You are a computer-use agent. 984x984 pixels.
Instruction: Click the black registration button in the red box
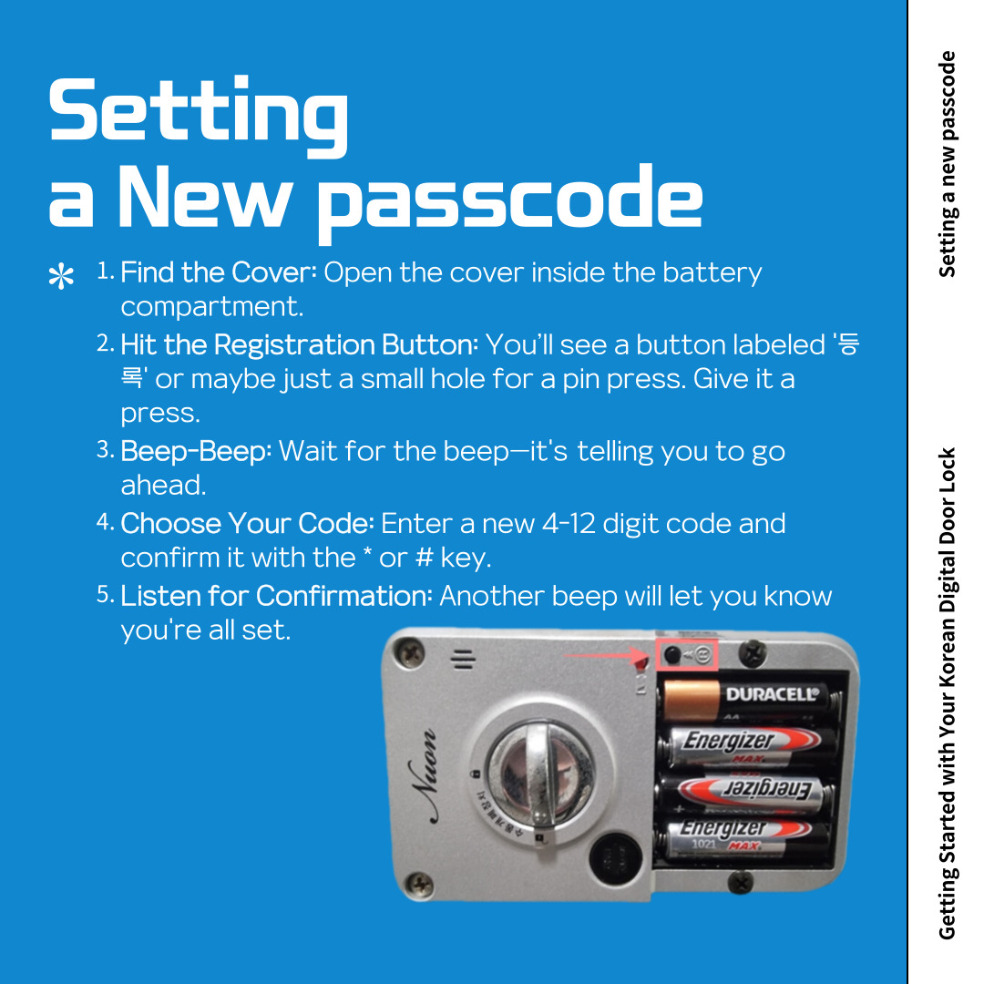click(x=672, y=655)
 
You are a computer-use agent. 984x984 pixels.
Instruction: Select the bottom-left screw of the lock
click(x=418, y=881)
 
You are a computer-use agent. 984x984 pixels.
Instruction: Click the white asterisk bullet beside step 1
click(x=61, y=277)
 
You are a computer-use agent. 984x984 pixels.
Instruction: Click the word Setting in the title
click(x=198, y=112)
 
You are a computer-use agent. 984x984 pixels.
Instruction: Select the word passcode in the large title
click(x=510, y=200)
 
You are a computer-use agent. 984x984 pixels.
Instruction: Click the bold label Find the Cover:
click(x=218, y=272)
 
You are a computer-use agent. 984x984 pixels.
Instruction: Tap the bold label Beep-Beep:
click(x=196, y=451)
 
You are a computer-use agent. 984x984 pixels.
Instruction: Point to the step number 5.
click(x=105, y=596)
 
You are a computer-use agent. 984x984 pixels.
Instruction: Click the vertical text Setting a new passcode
click(x=948, y=164)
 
